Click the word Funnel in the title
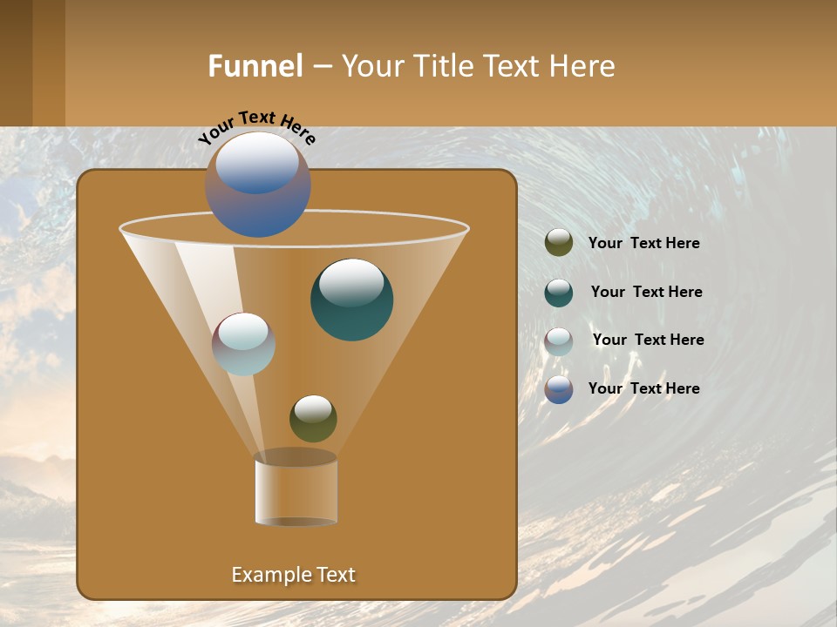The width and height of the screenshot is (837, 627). (255, 66)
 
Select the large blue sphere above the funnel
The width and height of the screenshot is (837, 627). (258, 185)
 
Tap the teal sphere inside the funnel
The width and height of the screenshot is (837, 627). (351, 300)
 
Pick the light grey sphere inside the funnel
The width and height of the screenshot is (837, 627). (244, 344)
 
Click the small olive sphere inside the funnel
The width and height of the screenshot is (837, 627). (313, 418)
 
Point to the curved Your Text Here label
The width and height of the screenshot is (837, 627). (256, 127)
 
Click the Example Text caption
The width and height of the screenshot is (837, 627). (293, 575)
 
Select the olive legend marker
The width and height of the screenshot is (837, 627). (559, 243)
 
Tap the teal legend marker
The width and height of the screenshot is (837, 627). (559, 293)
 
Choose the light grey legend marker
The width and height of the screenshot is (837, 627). (559, 341)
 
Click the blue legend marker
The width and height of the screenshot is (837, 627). (559, 389)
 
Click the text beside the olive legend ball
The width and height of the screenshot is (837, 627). (643, 244)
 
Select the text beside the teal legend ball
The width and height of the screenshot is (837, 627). (646, 292)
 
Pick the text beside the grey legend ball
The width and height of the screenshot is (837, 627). (648, 340)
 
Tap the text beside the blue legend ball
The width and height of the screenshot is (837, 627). (643, 388)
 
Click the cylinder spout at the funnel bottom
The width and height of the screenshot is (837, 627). (296, 489)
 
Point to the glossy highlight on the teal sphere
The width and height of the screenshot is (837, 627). (351, 282)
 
